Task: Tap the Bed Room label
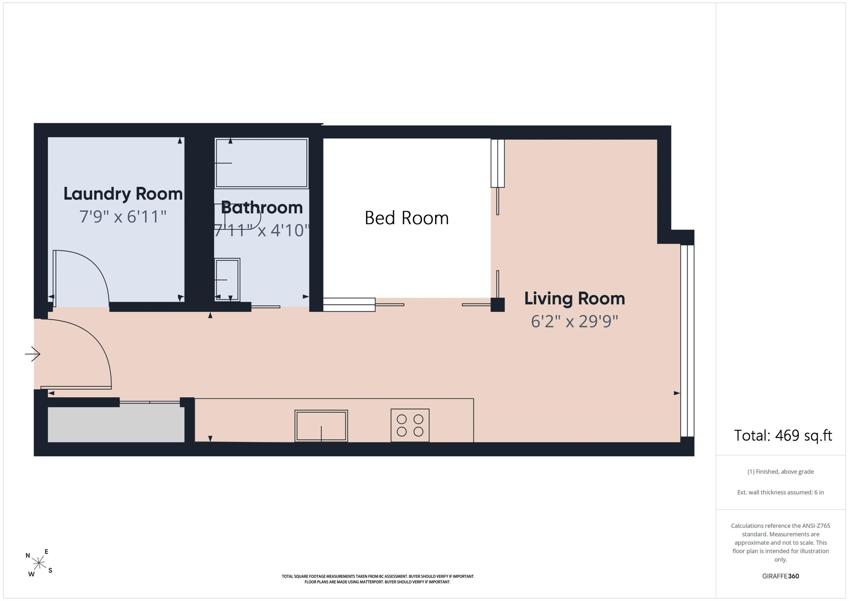(x=407, y=218)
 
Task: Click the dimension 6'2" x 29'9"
(x=574, y=321)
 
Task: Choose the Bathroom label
(x=262, y=208)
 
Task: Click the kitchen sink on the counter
(x=321, y=426)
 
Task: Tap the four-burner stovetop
(x=410, y=425)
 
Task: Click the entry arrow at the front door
(x=33, y=354)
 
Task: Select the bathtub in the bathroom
(x=261, y=163)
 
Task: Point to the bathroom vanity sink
(x=227, y=280)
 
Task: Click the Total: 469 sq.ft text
(x=783, y=436)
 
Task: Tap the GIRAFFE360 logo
(x=781, y=576)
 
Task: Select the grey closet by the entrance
(x=116, y=425)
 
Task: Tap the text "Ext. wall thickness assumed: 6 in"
(x=781, y=492)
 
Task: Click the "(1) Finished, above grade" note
(x=781, y=472)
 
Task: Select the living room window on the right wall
(x=687, y=341)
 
